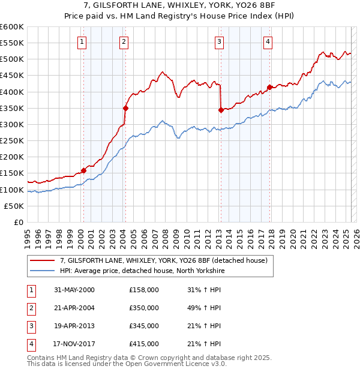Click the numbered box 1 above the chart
point(81,41)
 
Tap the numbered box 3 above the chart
point(220,41)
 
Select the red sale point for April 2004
point(125,108)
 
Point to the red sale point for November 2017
point(270,87)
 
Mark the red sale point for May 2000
point(83,170)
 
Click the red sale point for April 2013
point(221,110)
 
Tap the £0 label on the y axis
point(19,223)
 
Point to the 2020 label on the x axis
point(293,237)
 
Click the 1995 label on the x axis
point(28,237)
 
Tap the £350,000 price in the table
point(144,308)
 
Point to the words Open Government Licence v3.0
point(180,363)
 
